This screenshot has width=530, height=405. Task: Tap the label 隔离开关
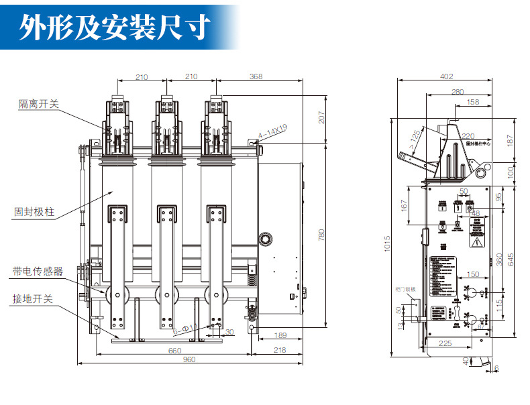click(39, 103)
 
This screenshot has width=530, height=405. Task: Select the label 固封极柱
click(34, 213)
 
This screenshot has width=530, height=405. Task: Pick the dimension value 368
click(256, 77)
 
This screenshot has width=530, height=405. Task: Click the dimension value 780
click(321, 235)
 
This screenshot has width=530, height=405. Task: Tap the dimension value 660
click(174, 350)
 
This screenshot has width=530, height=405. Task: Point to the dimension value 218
click(278, 350)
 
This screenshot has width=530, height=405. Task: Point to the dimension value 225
click(445, 344)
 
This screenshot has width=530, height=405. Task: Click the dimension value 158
click(472, 102)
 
